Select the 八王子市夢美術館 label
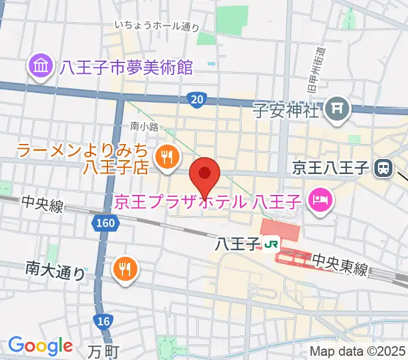tap(127, 67)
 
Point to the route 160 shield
tap(104, 224)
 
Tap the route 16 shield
tap(103, 322)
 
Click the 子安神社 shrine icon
tap(335, 109)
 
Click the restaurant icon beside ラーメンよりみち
tap(165, 158)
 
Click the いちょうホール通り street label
tap(157, 25)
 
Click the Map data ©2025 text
tap(358, 352)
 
